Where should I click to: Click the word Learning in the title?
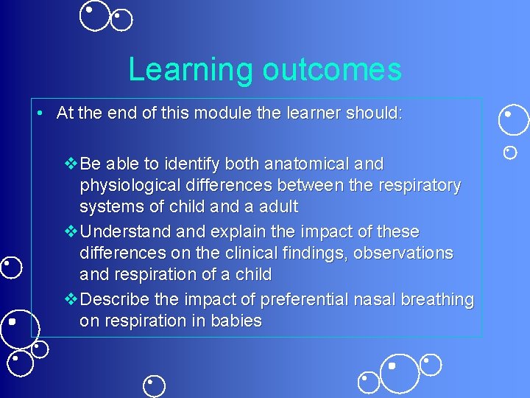[191, 69]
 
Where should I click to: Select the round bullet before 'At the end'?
[43, 114]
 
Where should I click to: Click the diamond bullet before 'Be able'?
[71, 163]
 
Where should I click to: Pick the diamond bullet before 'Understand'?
[71, 231]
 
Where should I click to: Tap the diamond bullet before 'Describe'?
[71, 300]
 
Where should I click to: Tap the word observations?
[403, 253]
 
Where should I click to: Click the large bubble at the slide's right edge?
[513, 120]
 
